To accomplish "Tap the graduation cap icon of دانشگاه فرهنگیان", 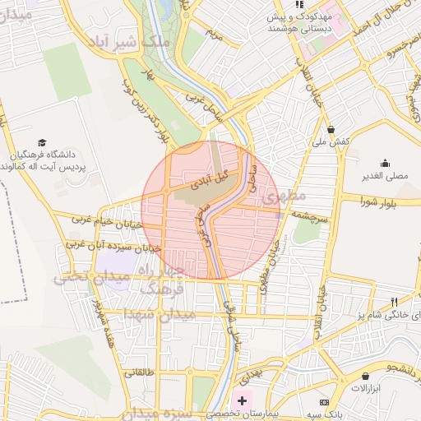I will pos(42,142).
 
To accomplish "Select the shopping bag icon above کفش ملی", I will pos(331,129).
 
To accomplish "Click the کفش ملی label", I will pos(331,141).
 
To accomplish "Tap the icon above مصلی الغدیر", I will pos(385,162).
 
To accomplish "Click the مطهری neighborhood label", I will pos(283,197).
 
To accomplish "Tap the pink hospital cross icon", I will pos(242,400).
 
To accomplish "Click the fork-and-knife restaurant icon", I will pos(395,302).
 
